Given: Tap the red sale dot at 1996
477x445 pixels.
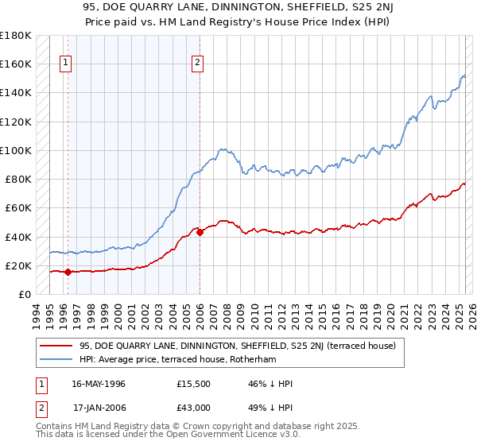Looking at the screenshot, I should coord(68,272).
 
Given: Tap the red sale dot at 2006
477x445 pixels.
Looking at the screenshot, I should coord(200,232).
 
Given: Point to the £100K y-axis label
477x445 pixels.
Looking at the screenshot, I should coord(16,150).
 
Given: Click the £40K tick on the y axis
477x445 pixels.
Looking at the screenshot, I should coord(19,237).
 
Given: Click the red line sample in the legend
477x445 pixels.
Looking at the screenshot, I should coord(56,345).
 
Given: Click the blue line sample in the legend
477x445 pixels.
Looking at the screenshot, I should coord(56,359).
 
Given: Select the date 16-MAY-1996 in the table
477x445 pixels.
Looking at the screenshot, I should coord(99,383).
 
